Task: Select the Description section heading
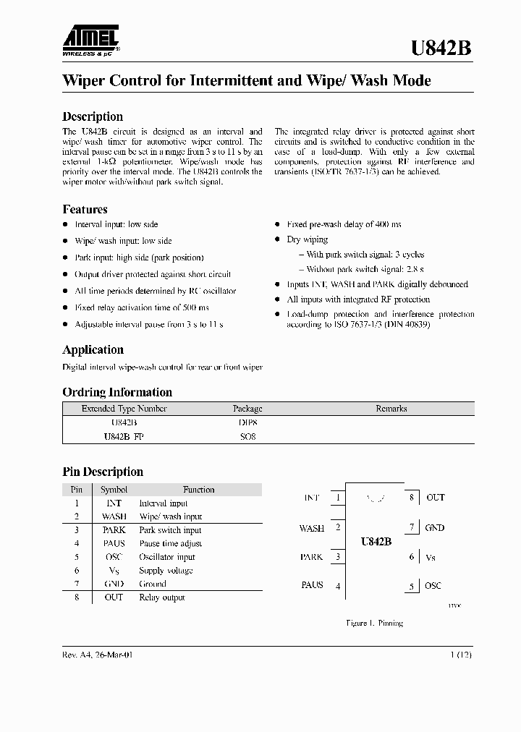(x=93, y=116)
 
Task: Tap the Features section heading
(x=85, y=209)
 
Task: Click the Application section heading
(x=93, y=349)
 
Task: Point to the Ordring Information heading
(x=117, y=392)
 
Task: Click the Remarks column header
(x=391, y=409)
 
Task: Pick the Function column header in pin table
(x=198, y=490)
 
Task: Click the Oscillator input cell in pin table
(x=167, y=557)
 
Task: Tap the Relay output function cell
(x=162, y=597)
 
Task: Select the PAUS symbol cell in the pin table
(x=114, y=543)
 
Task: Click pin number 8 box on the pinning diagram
(x=411, y=498)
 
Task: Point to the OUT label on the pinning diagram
(x=436, y=498)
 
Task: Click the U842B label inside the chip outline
(x=376, y=541)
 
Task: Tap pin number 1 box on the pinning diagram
(x=338, y=498)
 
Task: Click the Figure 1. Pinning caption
(x=374, y=623)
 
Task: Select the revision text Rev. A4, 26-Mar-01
(x=98, y=655)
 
